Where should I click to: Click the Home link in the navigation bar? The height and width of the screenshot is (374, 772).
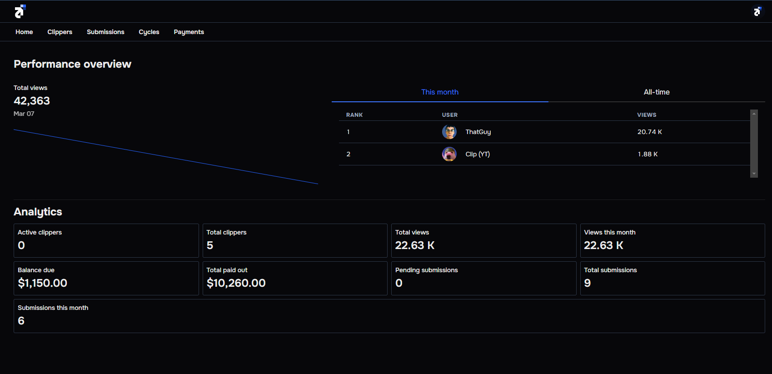tap(24, 32)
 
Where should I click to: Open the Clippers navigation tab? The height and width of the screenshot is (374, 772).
tap(60, 32)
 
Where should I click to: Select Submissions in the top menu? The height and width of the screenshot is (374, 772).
tap(105, 32)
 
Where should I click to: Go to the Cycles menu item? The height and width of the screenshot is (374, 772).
tap(149, 32)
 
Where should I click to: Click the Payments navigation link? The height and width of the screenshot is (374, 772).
tap(189, 32)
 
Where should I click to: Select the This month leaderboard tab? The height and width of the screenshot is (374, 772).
tap(439, 92)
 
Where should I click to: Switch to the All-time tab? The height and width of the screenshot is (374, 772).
tap(656, 92)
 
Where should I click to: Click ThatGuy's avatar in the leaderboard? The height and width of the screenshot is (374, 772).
tap(449, 132)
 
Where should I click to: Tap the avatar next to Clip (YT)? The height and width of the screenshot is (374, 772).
tap(449, 154)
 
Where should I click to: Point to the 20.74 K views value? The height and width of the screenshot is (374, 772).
tap(649, 132)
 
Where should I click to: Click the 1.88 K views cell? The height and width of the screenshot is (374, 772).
tap(647, 154)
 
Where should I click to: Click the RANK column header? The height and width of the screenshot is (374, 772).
tap(354, 115)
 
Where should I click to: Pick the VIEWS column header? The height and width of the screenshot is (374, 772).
tap(647, 115)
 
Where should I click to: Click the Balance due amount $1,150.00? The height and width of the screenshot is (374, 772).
tap(42, 283)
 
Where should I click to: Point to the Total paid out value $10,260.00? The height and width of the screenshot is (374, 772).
tap(236, 283)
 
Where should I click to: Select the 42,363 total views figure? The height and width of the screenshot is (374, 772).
tap(32, 101)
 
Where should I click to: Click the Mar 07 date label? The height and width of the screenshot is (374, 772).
tap(24, 114)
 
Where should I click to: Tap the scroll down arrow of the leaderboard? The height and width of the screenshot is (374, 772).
tap(754, 174)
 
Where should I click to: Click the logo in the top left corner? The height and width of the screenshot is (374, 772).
tap(20, 11)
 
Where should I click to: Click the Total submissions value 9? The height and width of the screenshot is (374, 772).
tap(587, 283)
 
